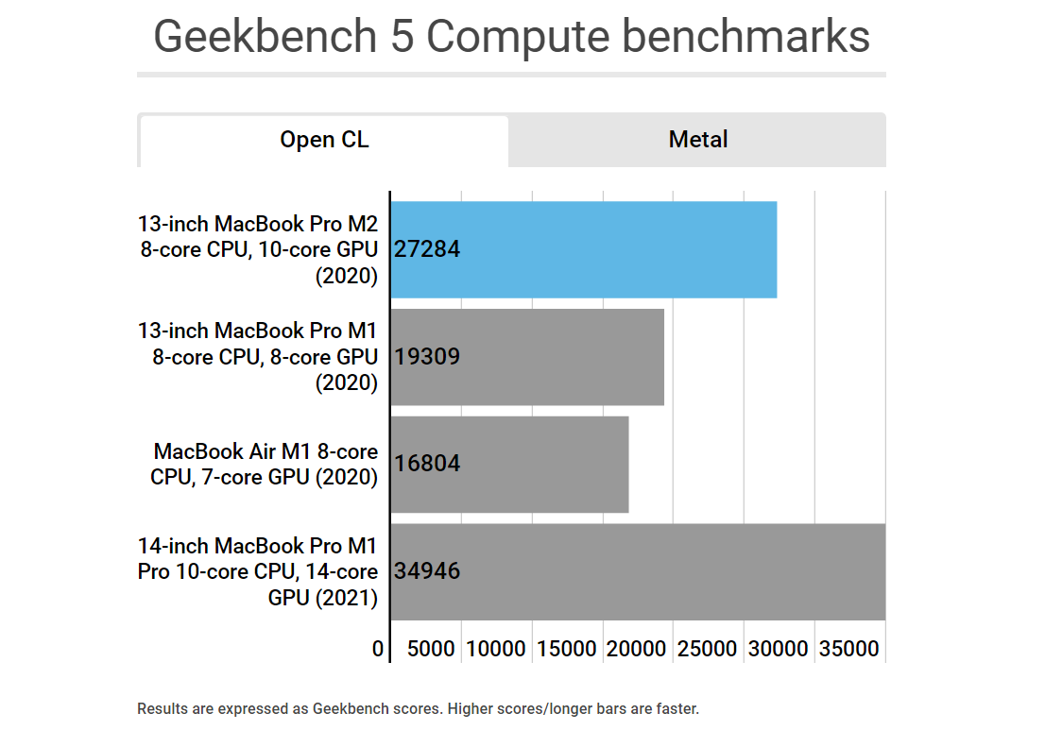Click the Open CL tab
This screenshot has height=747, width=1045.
pos(324,141)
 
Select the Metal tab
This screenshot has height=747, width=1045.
pos(697,141)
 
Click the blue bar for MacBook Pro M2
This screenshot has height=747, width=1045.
pos(614,249)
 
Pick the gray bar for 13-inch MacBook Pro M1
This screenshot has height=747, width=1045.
pos(557,357)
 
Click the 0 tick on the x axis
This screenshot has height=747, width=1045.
pos(378,650)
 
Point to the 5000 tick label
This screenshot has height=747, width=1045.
pos(431,650)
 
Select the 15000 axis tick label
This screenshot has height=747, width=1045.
pos(566,650)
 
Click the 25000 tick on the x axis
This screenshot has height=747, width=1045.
pos(708,650)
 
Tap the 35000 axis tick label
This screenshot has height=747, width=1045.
pos(847,650)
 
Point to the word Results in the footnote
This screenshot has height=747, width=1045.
pos(162,708)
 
